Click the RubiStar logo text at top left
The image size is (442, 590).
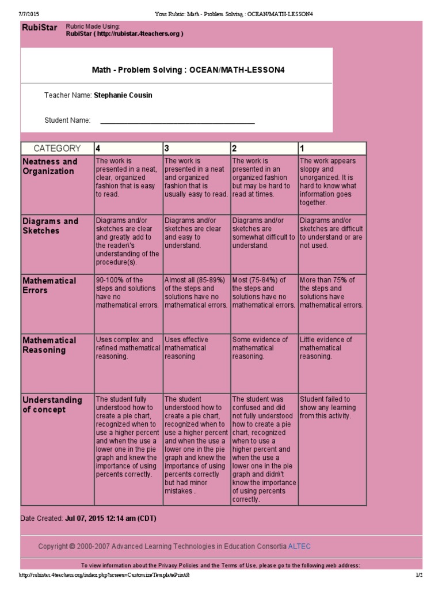(x=39, y=28)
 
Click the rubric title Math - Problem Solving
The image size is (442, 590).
(x=188, y=70)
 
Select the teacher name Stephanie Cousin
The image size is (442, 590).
(x=123, y=95)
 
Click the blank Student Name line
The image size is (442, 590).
(x=177, y=121)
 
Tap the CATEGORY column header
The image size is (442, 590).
(x=57, y=148)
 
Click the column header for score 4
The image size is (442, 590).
(x=128, y=148)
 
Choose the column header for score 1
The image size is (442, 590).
(x=331, y=148)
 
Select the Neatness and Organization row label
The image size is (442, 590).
(x=50, y=167)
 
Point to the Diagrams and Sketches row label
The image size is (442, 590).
(x=50, y=226)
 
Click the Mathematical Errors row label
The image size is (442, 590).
(x=49, y=285)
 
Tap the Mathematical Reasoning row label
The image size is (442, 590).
(x=49, y=345)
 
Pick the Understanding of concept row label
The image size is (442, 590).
(x=52, y=404)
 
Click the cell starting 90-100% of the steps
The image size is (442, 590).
(x=127, y=293)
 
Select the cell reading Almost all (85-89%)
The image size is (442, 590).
(x=196, y=293)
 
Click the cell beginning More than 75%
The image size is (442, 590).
(x=331, y=293)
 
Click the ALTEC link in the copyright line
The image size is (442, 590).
(x=299, y=546)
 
